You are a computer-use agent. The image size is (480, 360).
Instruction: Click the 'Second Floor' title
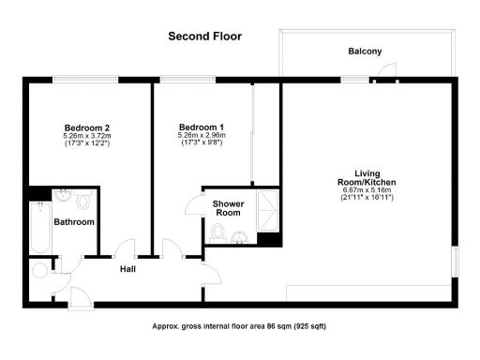click(x=204, y=37)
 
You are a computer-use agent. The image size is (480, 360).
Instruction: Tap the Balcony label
click(x=365, y=52)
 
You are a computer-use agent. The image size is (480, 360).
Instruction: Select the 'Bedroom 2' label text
click(x=86, y=127)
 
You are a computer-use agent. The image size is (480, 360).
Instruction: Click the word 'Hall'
click(x=129, y=269)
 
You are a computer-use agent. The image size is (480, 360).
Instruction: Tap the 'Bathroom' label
click(x=73, y=222)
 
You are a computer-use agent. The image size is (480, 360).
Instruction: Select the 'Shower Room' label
click(x=229, y=208)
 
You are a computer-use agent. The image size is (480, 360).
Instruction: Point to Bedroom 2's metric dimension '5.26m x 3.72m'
click(x=86, y=137)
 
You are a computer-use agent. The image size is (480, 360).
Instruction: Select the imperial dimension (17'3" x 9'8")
click(x=202, y=145)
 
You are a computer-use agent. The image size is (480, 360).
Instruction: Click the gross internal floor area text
click(x=239, y=326)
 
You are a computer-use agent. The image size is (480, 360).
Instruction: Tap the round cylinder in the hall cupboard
click(x=39, y=271)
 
